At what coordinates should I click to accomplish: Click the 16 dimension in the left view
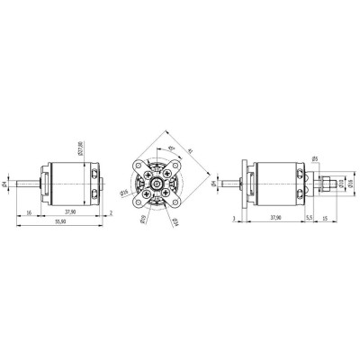[x=30, y=212]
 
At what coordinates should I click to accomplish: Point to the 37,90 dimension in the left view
[x=69, y=212]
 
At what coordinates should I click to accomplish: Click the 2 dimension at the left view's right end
[x=110, y=212]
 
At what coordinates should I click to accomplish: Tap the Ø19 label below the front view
[x=143, y=219]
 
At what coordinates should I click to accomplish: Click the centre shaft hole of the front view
[x=157, y=184]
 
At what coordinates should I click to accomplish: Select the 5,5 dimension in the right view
[x=308, y=217]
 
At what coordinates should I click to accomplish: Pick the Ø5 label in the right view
[x=316, y=159]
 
